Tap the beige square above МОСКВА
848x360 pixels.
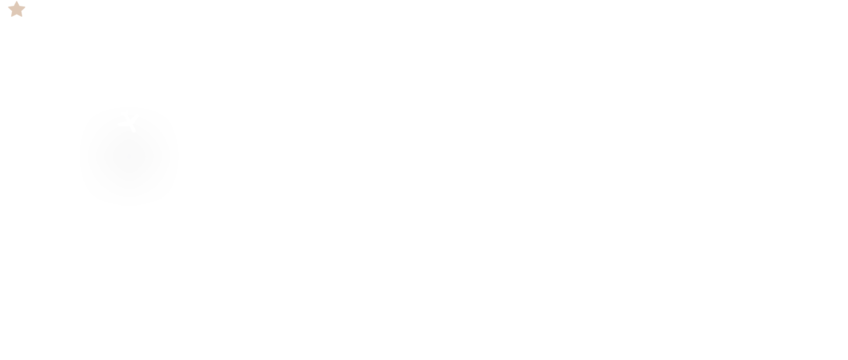16,9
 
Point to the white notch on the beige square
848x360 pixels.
25,9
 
